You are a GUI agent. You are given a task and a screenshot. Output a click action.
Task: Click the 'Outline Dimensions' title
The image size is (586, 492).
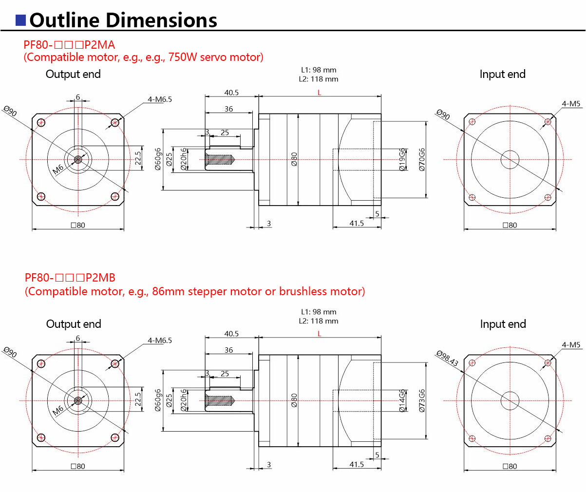[123, 20]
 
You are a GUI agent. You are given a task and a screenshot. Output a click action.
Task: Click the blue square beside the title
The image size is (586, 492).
[20, 20]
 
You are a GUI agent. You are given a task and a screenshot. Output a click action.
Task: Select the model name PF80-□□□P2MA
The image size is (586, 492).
[69, 45]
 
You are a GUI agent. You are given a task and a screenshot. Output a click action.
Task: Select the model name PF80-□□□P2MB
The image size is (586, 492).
[70, 278]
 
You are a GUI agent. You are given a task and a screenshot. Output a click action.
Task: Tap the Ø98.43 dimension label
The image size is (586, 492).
[447, 358]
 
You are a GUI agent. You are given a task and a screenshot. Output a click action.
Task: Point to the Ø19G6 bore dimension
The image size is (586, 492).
[402, 159]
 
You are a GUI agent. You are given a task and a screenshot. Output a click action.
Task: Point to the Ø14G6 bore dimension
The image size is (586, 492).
[402, 400]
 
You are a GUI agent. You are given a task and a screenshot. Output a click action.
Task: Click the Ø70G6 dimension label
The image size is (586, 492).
[422, 159]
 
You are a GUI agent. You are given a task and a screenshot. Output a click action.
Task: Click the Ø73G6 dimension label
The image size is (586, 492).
[422, 400]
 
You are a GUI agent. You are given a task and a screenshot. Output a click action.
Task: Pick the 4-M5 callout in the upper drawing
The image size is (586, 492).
[571, 104]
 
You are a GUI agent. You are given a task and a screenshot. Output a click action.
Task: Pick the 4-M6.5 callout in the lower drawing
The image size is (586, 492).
[160, 341]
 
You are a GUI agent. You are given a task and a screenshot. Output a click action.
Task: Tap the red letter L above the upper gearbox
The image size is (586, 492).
[319, 93]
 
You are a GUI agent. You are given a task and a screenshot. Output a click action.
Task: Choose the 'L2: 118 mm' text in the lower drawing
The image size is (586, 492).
[319, 321]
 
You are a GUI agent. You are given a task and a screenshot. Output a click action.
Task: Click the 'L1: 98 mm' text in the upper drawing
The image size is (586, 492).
[319, 70]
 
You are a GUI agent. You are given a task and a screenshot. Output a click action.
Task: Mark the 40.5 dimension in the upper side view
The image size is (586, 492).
[231, 93]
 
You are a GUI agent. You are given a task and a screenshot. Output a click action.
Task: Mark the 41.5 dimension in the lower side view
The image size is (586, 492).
[357, 464]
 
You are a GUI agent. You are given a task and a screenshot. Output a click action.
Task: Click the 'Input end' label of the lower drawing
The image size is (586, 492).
[503, 324]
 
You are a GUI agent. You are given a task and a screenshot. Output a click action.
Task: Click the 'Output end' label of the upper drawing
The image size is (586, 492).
[73, 74]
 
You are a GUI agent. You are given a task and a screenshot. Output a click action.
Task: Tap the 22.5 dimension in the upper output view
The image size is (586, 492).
[138, 158]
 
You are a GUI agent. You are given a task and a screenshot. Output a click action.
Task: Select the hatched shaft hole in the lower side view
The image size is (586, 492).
[220, 400]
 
